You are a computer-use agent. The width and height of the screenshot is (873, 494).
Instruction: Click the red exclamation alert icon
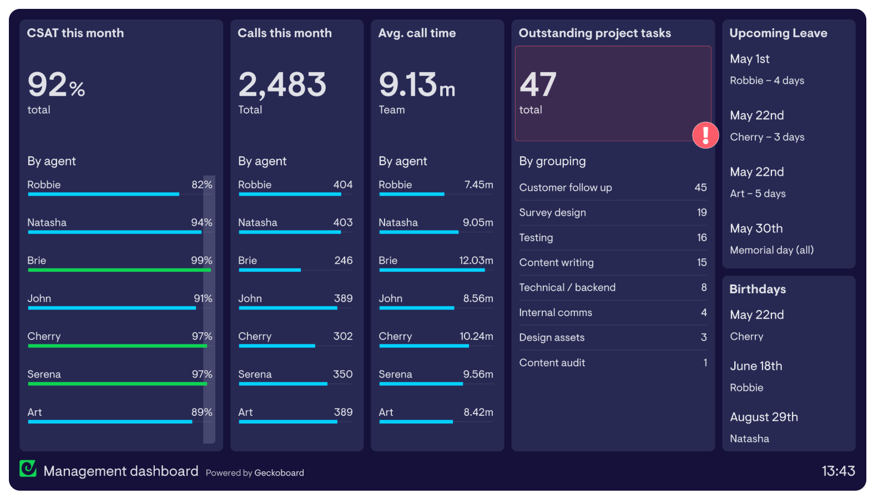(705, 135)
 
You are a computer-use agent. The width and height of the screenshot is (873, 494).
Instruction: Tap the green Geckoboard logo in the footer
(28, 468)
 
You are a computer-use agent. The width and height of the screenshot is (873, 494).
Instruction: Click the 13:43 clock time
(838, 471)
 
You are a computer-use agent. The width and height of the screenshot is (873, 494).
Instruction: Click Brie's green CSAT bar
(119, 270)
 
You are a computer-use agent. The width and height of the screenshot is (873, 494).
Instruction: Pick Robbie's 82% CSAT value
(202, 185)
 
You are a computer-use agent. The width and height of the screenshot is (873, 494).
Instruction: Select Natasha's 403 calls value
(342, 222)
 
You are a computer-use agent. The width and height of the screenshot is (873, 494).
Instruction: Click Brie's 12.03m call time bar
(432, 270)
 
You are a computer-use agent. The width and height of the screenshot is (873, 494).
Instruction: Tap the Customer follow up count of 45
(700, 187)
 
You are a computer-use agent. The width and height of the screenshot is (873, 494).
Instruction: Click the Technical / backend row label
(567, 287)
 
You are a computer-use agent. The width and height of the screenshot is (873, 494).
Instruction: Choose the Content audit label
(552, 363)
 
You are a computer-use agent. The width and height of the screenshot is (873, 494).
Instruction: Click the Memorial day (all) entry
(771, 250)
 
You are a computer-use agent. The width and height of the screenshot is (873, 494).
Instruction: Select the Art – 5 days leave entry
(758, 193)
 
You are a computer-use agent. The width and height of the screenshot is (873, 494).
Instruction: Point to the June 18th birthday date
(756, 366)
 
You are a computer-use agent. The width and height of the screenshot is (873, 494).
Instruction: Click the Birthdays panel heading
(757, 289)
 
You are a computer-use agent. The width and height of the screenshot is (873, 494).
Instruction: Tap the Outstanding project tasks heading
(594, 33)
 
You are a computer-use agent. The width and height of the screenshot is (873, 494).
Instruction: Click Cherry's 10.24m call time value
(476, 336)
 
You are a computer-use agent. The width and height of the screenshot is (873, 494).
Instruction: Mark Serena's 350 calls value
(342, 374)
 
